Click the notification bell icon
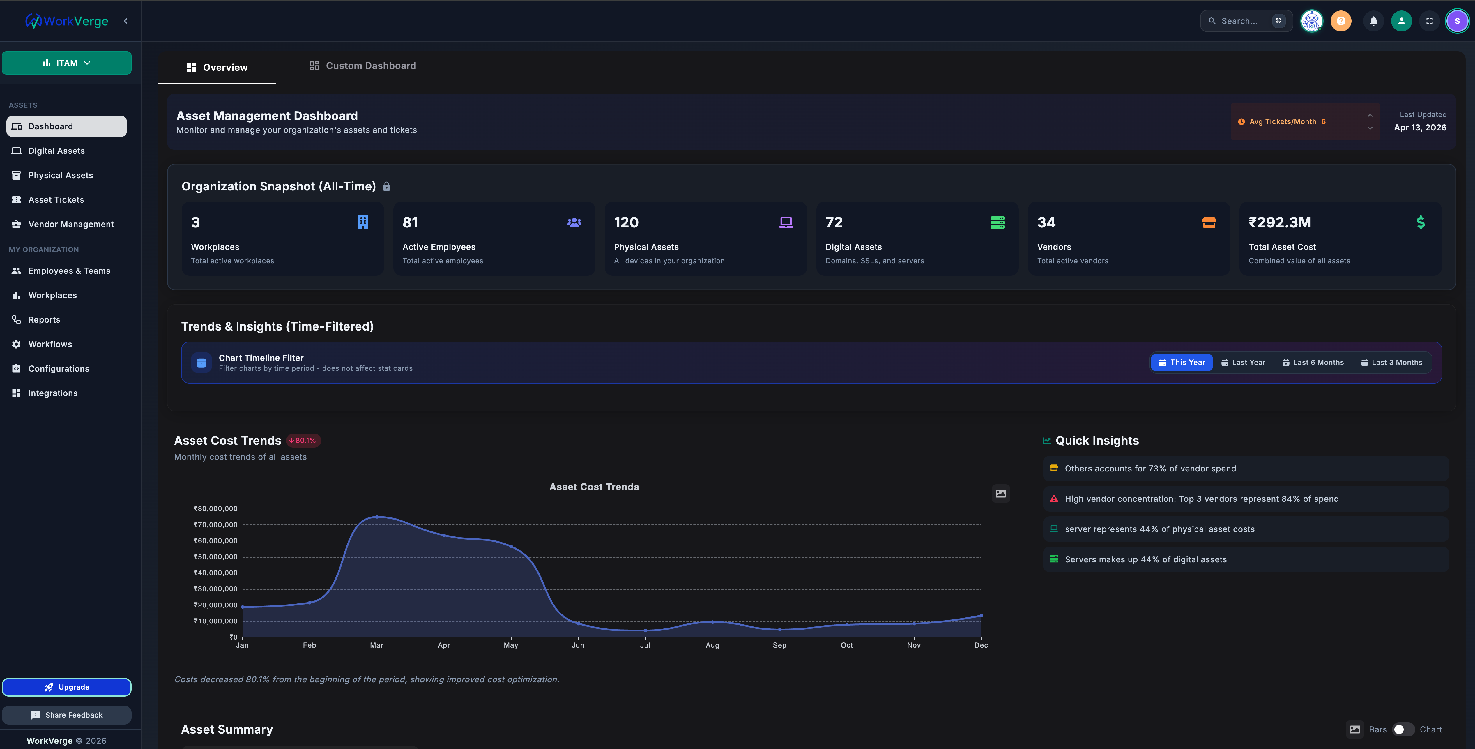[x=1373, y=21]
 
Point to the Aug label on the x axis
[x=712, y=645]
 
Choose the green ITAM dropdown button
[x=66, y=63]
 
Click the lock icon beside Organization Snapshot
[x=386, y=187]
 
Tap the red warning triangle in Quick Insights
[x=1054, y=499]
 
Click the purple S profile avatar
[x=1457, y=21]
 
